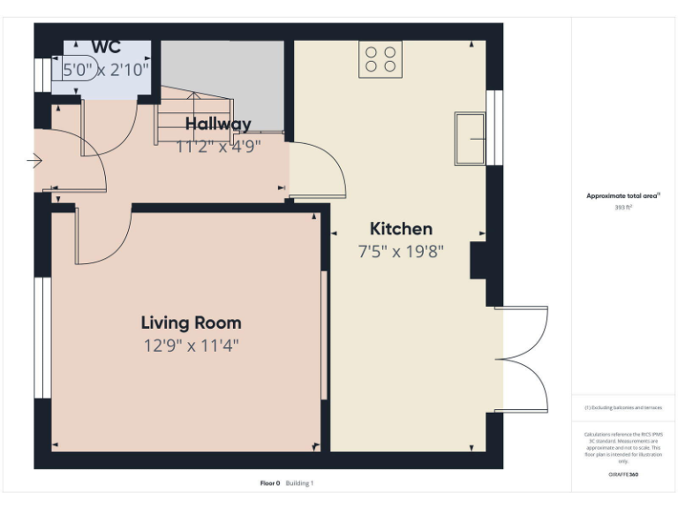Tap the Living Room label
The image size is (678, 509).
[191, 323]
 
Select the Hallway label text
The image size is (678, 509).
[218, 124]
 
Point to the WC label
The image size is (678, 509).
[106, 48]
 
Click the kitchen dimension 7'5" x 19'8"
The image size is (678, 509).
[401, 251]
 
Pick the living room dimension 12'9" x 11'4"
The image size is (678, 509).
[191, 346]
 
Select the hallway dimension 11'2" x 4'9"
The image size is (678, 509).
[218, 147]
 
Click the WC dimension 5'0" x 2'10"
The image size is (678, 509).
[106, 67]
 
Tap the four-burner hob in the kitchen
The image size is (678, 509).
[380, 59]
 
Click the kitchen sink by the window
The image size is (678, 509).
[471, 138]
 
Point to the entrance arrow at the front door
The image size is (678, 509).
[34, 161]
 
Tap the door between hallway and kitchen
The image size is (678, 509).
[319, 168]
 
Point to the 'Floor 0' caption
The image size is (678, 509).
[270, 483]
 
